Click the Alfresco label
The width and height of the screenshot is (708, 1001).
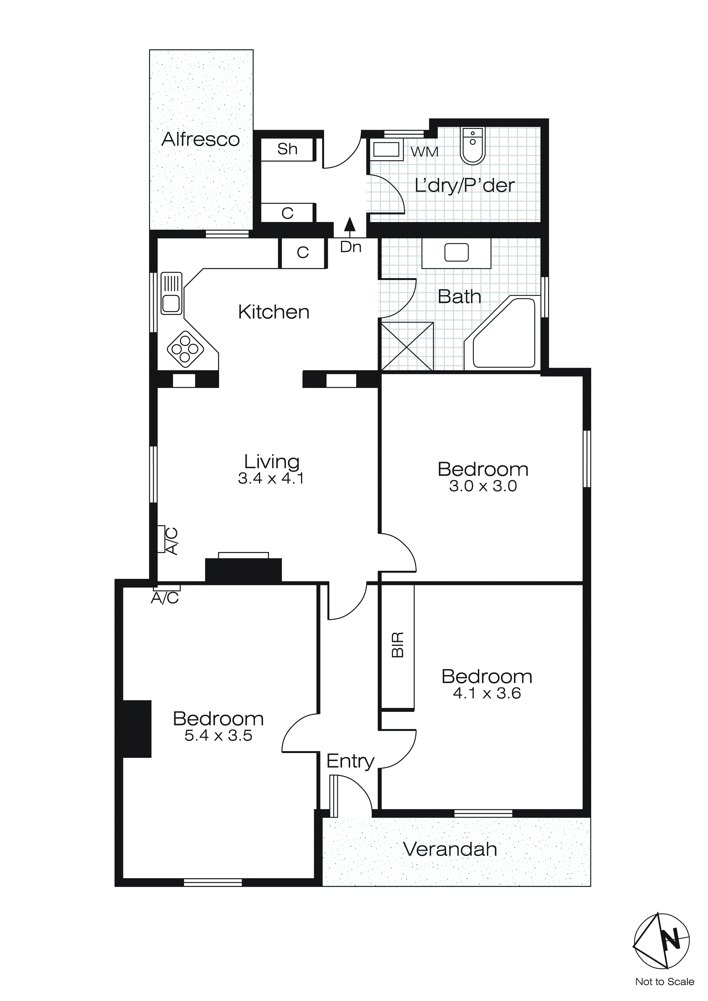(200, 139)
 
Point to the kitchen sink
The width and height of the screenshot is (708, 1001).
(171, 293)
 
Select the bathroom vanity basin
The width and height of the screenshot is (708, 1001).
(456, 253)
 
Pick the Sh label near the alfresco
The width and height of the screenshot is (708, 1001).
(287, 149)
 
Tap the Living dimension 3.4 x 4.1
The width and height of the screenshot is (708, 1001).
(271, 478)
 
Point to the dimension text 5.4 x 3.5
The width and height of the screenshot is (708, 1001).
(218, 736)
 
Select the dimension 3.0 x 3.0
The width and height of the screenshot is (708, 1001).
(483, 486)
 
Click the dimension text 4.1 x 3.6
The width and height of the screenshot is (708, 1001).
(487, 694)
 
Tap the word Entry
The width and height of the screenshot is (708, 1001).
(350, 761)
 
